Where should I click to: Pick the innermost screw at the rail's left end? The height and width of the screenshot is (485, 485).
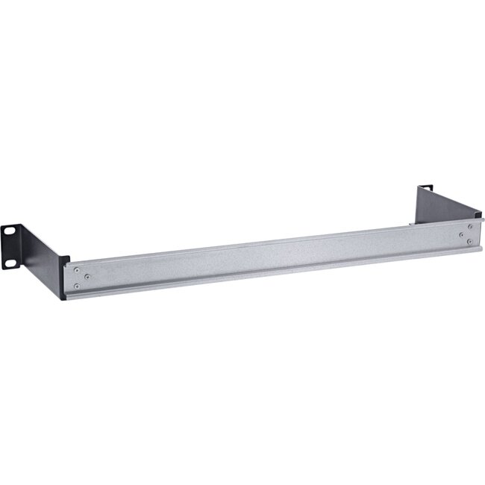tap(88, 276)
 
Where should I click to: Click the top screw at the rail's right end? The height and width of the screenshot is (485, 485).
tap(469, 226)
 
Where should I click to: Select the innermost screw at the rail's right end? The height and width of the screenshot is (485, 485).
tap(461, 234)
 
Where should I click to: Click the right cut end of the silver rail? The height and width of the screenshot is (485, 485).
tap(475, 237)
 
